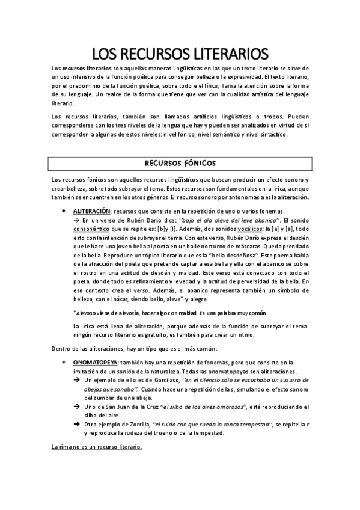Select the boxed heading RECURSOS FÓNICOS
180,163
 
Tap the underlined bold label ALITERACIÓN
92,212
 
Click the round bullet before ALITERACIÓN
64,212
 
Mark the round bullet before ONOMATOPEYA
64,363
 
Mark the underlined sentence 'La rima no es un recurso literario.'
97,447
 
